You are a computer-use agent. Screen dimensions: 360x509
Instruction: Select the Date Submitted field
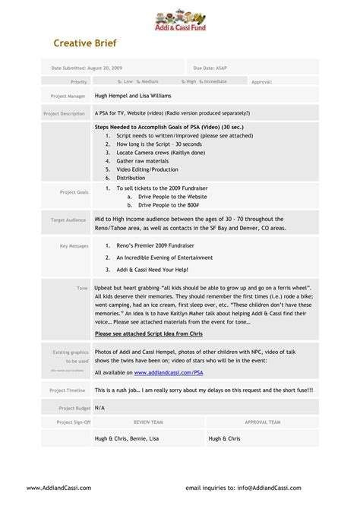click(86, 68)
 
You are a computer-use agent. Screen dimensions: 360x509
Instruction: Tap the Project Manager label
click(68, 96)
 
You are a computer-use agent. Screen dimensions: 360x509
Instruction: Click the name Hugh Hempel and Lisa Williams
click(133, 96)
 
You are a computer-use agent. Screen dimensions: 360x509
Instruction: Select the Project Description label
click(64, 113)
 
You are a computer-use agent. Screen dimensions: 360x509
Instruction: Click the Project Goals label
click(74, 192)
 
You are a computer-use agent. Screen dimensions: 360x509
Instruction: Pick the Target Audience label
click(68, 220)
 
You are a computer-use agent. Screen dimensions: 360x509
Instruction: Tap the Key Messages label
click(74, 246)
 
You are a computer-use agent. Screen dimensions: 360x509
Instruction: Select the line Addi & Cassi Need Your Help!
click(151, 270)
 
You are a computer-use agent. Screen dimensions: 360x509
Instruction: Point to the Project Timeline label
click(68, 390)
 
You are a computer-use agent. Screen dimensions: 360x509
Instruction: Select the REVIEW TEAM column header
click(148, 422)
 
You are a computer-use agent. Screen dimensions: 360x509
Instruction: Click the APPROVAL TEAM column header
click(263, 422)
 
